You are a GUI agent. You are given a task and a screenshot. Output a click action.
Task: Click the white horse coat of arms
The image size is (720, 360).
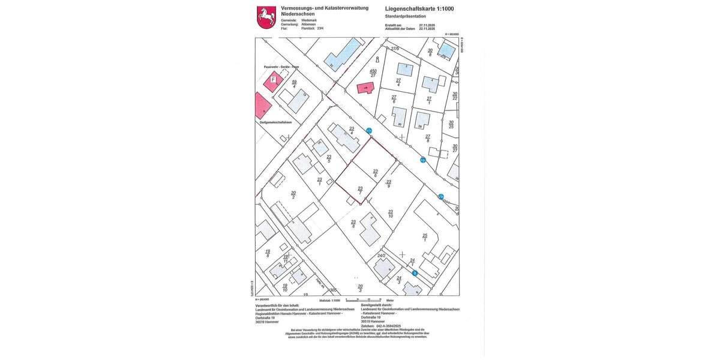coord(266,17)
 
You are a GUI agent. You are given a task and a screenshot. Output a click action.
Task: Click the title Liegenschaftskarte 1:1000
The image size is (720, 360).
coord(419,8)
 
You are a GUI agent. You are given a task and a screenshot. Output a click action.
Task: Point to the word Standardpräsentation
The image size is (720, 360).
coord(406,16)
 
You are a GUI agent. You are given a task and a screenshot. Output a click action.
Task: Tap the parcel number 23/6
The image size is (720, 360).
coord(375,173)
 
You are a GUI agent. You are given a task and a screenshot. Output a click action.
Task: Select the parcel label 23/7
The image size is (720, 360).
coord(360,190)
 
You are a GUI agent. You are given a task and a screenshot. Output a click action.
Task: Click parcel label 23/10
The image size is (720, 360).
coord(391,214)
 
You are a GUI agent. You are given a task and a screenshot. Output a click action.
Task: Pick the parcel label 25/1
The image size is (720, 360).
coord(425,238)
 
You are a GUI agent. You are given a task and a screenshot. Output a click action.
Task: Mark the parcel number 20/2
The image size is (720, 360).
coord(293,195)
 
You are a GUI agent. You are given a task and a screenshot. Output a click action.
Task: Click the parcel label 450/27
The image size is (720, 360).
coord(373,73)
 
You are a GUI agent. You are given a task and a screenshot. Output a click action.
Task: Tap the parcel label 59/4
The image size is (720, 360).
coord(294,84)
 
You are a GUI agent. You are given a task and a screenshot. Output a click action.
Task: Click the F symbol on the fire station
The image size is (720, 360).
coord(274,79)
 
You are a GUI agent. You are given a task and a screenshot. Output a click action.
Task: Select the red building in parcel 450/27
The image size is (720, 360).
coord(365,88)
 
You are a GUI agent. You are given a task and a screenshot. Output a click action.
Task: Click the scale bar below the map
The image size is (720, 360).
coord(364,299)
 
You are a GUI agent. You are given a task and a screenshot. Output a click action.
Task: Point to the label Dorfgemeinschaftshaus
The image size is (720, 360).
coord(276,122)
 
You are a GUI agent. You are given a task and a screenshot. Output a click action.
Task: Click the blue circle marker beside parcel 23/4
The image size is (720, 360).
coord(369,130)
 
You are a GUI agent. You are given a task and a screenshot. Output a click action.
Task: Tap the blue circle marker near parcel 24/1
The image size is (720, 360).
coord(415,273)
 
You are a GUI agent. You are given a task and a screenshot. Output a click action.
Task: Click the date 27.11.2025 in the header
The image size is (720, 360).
coord(427,25)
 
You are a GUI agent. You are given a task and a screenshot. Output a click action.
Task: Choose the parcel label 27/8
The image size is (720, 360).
coord(428,138)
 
